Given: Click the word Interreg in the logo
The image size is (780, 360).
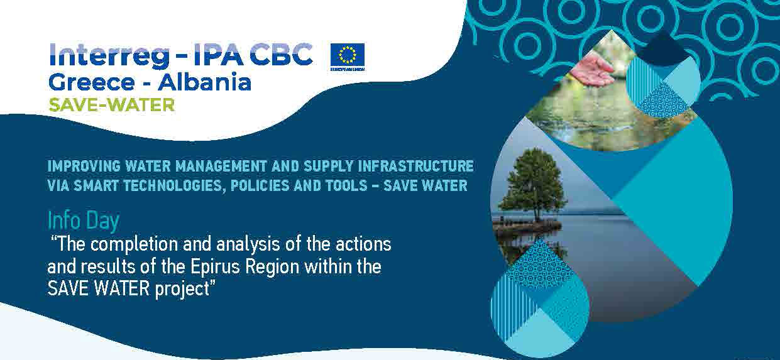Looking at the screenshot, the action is [x=109, y=55].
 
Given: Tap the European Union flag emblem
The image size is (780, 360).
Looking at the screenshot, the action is [x=348, y=57].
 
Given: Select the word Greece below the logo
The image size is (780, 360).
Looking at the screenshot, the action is [x=91, y=82].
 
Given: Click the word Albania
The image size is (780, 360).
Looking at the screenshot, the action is [x=204, y=82].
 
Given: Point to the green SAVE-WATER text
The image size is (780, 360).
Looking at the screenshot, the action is [x=111, y=105].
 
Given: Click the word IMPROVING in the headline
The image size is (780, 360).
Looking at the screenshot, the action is [x=84, y=166].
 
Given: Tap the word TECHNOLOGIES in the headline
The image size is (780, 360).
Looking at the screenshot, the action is [x=173, y=185].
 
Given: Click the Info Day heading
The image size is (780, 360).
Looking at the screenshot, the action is [x=84, y=221].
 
